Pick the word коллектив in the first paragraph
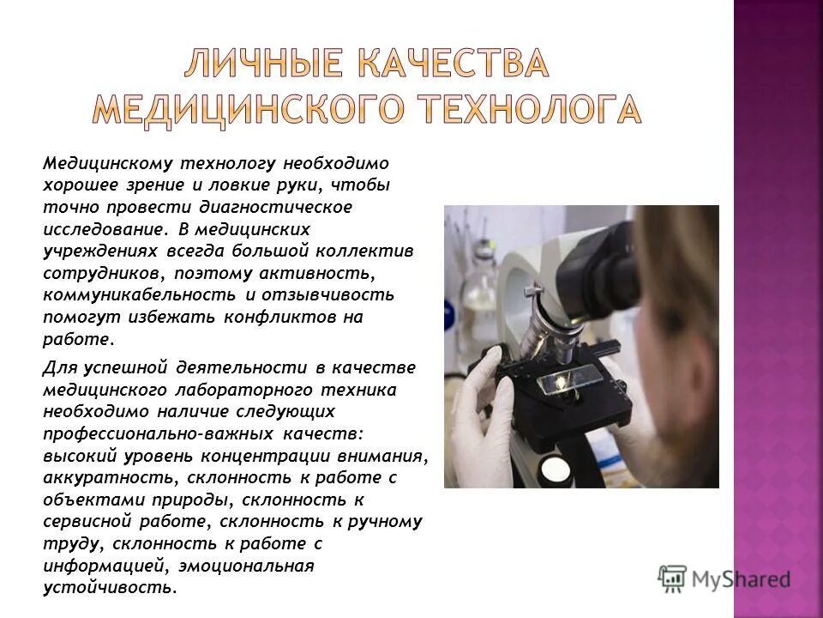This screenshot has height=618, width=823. click(x=377, y=251)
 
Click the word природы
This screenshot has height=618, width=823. click(x=192, y=500)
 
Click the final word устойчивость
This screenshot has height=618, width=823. click(x=108, y=588)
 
